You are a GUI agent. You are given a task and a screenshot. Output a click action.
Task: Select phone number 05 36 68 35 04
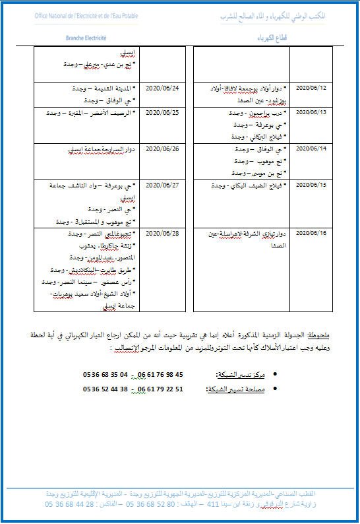point(105,375)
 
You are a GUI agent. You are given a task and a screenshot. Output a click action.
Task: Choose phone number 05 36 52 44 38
point(105,389)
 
